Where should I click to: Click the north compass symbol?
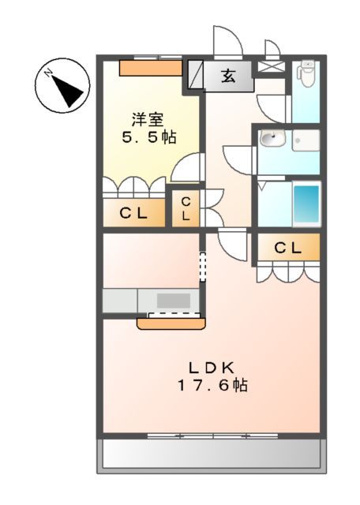coord(62,87)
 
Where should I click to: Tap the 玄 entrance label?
coord(227,77)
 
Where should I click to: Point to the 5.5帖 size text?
coord(148,137)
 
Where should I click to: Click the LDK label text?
coord(212,367)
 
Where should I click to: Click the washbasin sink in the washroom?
coord(272,140)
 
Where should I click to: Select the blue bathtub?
coord(306,204)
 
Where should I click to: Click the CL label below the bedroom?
coord(134,212)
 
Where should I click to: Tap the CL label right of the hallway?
coord(288,248)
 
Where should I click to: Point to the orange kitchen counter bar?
coord(171,323)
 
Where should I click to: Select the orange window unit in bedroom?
coord(150,68)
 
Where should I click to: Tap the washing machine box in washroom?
coord(306,140)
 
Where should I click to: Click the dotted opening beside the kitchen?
coord(201,266)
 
